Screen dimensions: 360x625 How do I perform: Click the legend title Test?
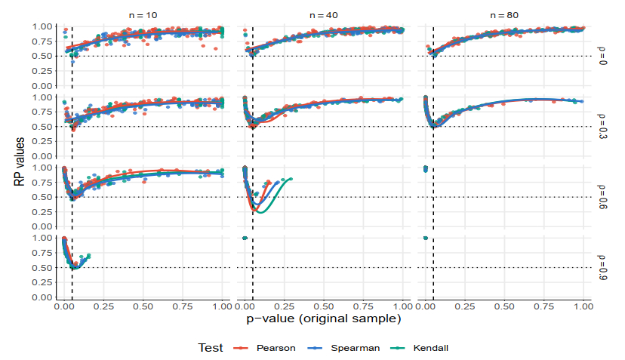tap(210, 348)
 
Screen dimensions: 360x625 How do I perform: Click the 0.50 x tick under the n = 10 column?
tap(143, 307)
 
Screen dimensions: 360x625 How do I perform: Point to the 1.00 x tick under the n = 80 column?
tap(583, 307)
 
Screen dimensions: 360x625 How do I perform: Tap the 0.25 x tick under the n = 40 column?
tap(285, 307)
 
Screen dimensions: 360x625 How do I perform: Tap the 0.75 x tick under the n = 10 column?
tap(183, 307)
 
